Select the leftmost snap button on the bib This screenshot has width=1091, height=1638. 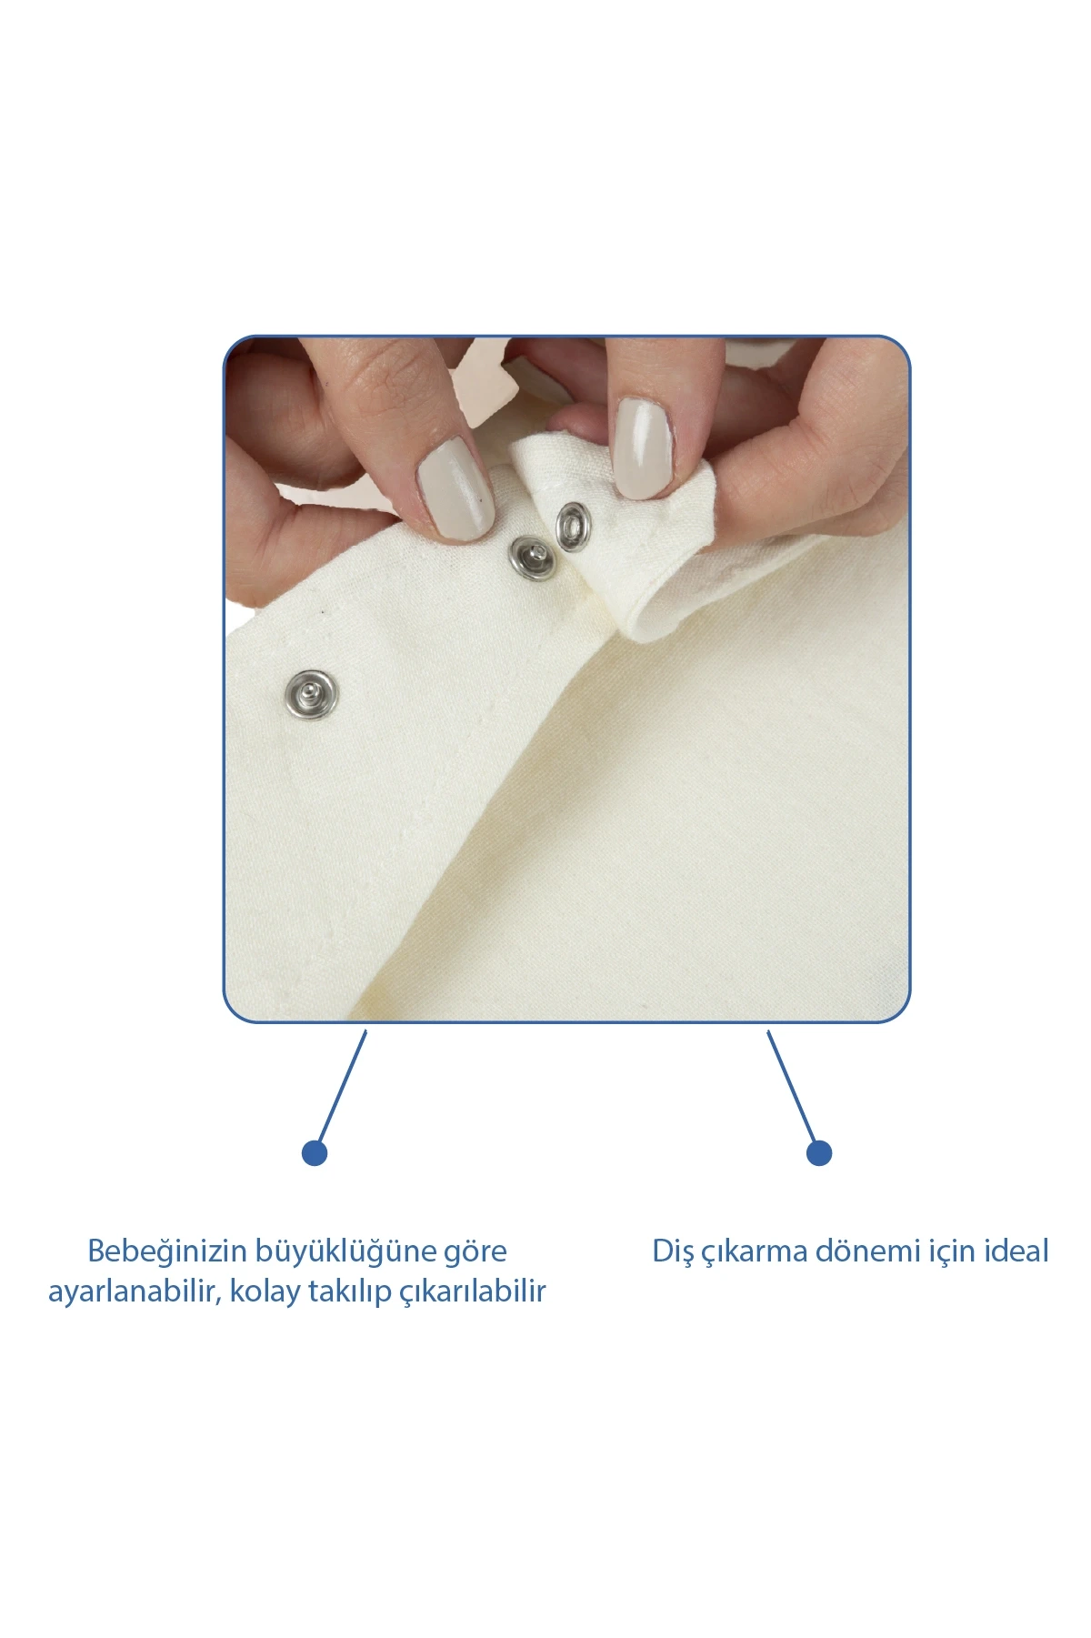pyautogui.click(x=311, y=694)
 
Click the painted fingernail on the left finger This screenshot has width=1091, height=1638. pyautogui.click(x=455, y=488)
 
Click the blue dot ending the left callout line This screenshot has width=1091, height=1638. pyautogui.click(x=315, y=1153)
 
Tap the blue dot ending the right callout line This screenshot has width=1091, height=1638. pyautogui.click(x=819, y=1153)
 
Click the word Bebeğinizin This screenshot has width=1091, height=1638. pyautogui.click(x=167, y=1252)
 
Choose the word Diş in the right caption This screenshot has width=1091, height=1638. pyautogui.click(x=674, y=1252)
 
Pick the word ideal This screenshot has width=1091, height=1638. pyautogui.click(x=1014, y=1251)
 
